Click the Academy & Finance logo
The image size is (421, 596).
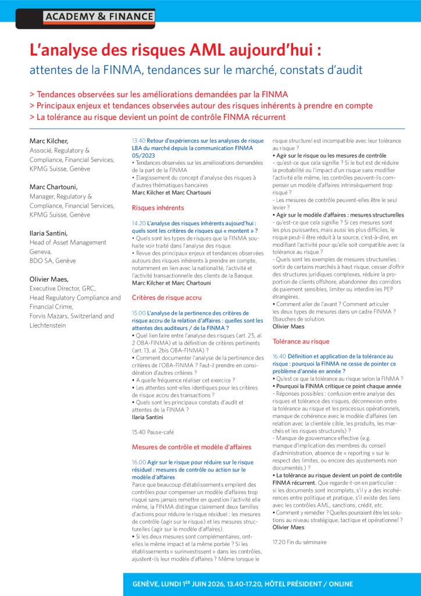coord(99,17)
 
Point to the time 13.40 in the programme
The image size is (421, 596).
coord(138,141)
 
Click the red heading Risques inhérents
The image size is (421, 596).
coord(158,207)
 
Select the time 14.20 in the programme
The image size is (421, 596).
coord(138,223)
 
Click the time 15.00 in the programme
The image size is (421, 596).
coord(138,313)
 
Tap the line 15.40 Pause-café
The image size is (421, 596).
coord(153,432)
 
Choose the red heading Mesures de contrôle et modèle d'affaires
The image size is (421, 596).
coord(191,447)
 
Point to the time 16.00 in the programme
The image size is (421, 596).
coord(138,462)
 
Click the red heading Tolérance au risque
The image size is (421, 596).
coord(301,341)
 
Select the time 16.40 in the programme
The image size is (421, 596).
coord(279,356)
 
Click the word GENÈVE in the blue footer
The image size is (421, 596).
coord(149,584)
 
